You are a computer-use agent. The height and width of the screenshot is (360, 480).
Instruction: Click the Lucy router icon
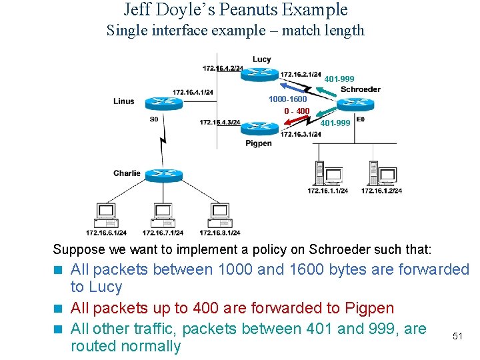click(259, 73)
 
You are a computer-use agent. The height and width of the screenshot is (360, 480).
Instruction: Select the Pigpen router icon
click(259, 127)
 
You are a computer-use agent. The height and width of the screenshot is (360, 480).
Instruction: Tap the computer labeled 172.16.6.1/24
click(106, 215)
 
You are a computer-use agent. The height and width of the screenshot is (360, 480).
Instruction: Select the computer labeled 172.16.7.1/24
click(163, 215)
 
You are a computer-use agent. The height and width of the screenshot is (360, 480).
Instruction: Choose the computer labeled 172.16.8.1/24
click(219, 215)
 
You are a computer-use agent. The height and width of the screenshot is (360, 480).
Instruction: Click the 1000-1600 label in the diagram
click(287, 99)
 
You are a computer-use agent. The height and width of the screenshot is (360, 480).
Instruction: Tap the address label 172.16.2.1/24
click(301, 74)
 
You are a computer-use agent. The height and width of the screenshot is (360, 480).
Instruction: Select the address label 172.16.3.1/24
click(301, 134)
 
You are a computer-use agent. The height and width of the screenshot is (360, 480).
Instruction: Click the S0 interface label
click(154, 119)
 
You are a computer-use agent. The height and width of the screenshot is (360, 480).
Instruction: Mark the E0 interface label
click(360, 119)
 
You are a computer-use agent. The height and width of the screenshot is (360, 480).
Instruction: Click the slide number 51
click(457, 336)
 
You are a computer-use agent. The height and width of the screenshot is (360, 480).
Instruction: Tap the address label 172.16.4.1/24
click(193, 92)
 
